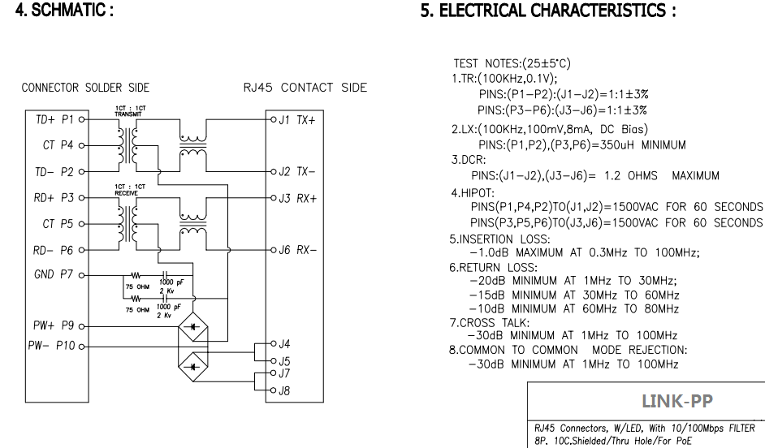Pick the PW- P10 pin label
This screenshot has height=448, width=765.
[x=54, y=346]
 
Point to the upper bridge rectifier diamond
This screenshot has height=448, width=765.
[x=192, y=324]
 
